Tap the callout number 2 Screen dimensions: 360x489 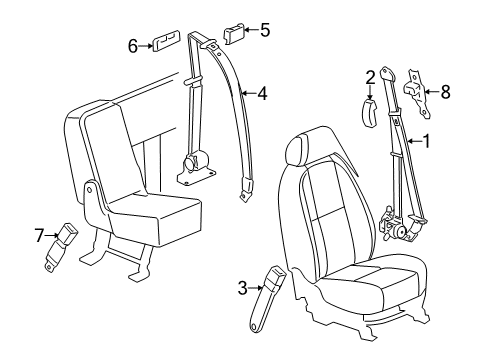(370, 76)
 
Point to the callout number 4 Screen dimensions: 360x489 (262, 94)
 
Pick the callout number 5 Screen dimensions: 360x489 (265, 29)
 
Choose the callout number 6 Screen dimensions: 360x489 (131, 45)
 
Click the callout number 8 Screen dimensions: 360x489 (446, 92)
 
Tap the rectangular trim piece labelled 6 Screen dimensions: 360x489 (164, 44)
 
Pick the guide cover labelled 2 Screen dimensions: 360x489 (369, 108)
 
